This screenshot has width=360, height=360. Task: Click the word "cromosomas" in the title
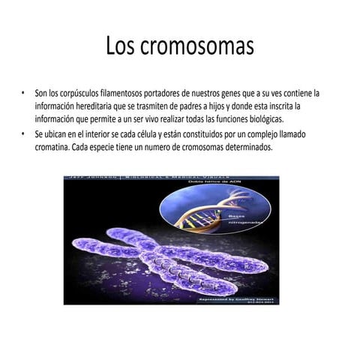point(202,46)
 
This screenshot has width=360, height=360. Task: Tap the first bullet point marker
point(23,94)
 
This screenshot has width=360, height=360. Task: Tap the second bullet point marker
point(23,133)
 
